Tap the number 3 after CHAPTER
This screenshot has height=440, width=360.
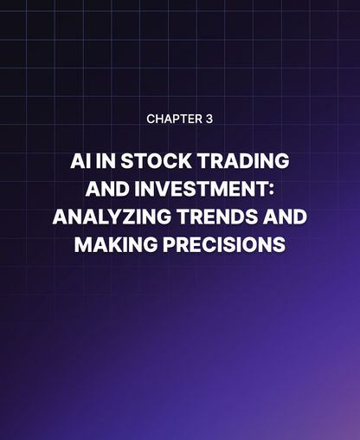point(209,119)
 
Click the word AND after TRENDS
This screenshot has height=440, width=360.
point(283,217)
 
